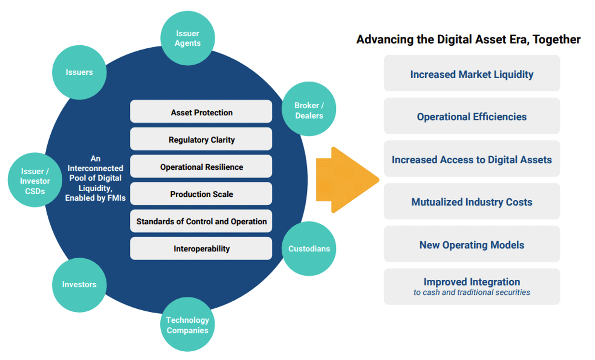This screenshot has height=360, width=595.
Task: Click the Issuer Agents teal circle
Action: (187, 38)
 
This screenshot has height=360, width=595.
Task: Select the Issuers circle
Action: (79, 72)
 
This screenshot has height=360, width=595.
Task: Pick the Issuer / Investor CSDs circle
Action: (35, 180)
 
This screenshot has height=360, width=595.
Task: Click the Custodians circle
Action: (309, 249)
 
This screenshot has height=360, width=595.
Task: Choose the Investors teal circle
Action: (79, 284)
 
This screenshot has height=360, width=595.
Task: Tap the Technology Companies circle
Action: (187, 325)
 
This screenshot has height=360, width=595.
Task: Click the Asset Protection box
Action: (201, 112)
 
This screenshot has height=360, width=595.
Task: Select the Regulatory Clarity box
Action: (201, 139)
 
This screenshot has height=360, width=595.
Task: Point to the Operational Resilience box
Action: (201, 167)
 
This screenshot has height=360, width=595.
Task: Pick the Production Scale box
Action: (201, 194)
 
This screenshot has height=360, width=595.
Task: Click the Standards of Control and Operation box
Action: (201, 222)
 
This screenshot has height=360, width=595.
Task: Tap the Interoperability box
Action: (201, 249)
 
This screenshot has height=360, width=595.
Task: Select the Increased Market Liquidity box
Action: (471, 74)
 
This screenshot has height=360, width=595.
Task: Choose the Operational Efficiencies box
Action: (471, 116)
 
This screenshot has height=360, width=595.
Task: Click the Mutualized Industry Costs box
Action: (471, 202)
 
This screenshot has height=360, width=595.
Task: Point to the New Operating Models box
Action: (471, 245)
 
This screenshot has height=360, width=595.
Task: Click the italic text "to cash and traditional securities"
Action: (471, 292)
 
